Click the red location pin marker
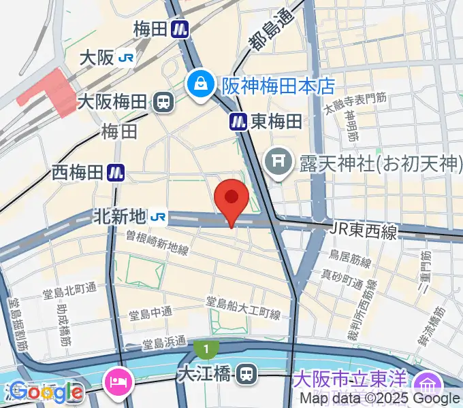231,199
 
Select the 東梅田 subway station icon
238,122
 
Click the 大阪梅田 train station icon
163,103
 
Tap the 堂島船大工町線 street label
244,307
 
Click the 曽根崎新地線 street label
157,242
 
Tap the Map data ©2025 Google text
380,398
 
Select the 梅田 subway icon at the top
180,29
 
